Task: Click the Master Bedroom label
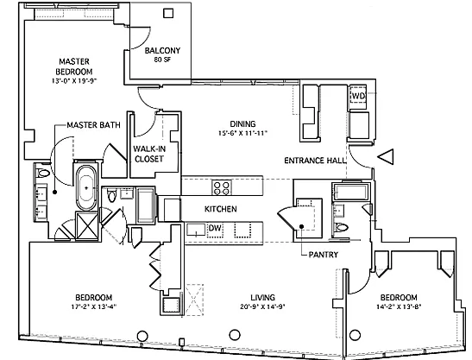tap(74, 66)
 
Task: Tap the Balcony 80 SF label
tap(162, 54)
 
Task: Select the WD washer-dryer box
tap(358, 97)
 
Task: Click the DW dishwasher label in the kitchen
tap(215, 228)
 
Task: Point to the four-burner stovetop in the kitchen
tap(222, 187)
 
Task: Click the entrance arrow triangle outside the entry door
tap(386, 156)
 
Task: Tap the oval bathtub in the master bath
tap(86, 187)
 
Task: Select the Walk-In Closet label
tap(149, 154)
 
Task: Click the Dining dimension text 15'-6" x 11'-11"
tap(243, 133)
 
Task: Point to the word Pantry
tap(324, 255)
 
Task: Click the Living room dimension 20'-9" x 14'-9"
tap(263, 306)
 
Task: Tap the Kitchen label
tap(221, 209)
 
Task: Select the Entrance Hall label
tap(315, 161)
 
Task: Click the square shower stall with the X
tap(86, 225)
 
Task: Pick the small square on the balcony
tap(168, 13)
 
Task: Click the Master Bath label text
tap(93, 125)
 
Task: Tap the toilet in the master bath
tap(42, 173)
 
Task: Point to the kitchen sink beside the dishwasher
tap(196, 231)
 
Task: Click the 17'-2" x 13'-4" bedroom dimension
tap(94, 306)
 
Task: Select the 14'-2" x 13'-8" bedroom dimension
tap(399, 306)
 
